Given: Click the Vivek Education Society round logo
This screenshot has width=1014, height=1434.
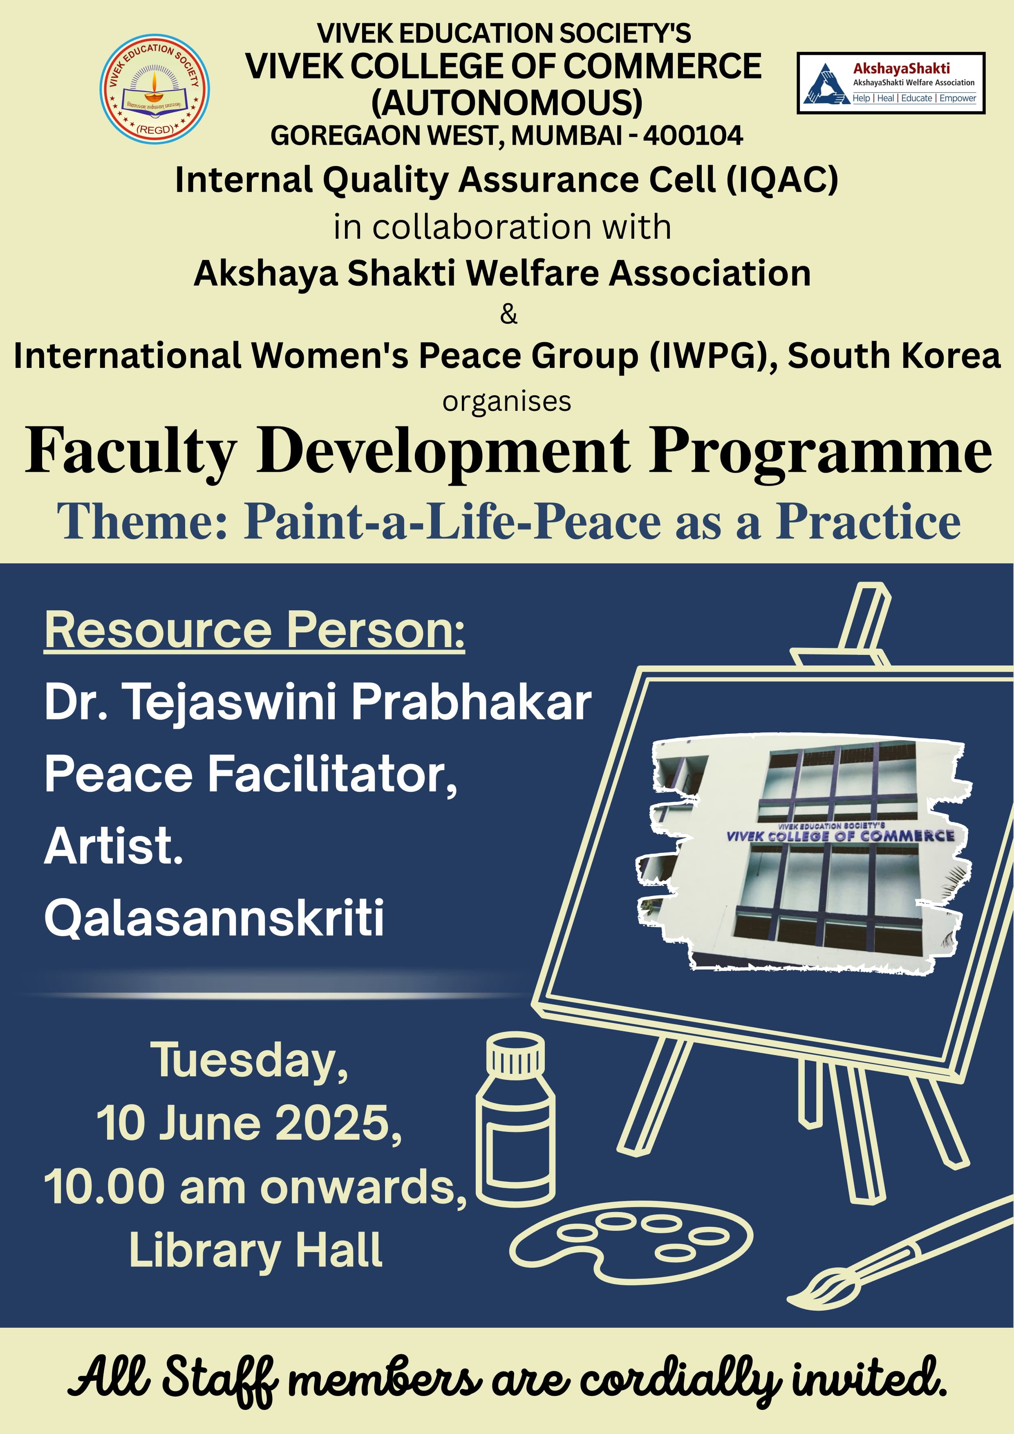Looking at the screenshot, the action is pos(154,89).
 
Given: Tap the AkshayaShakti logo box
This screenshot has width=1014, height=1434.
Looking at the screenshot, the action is pos(891,83).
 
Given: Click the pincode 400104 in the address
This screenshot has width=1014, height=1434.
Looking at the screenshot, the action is pos(693,136).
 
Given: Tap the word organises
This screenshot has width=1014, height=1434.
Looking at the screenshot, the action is pos(507,401).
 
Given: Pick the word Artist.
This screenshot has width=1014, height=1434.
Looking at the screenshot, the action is pos(114,846).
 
